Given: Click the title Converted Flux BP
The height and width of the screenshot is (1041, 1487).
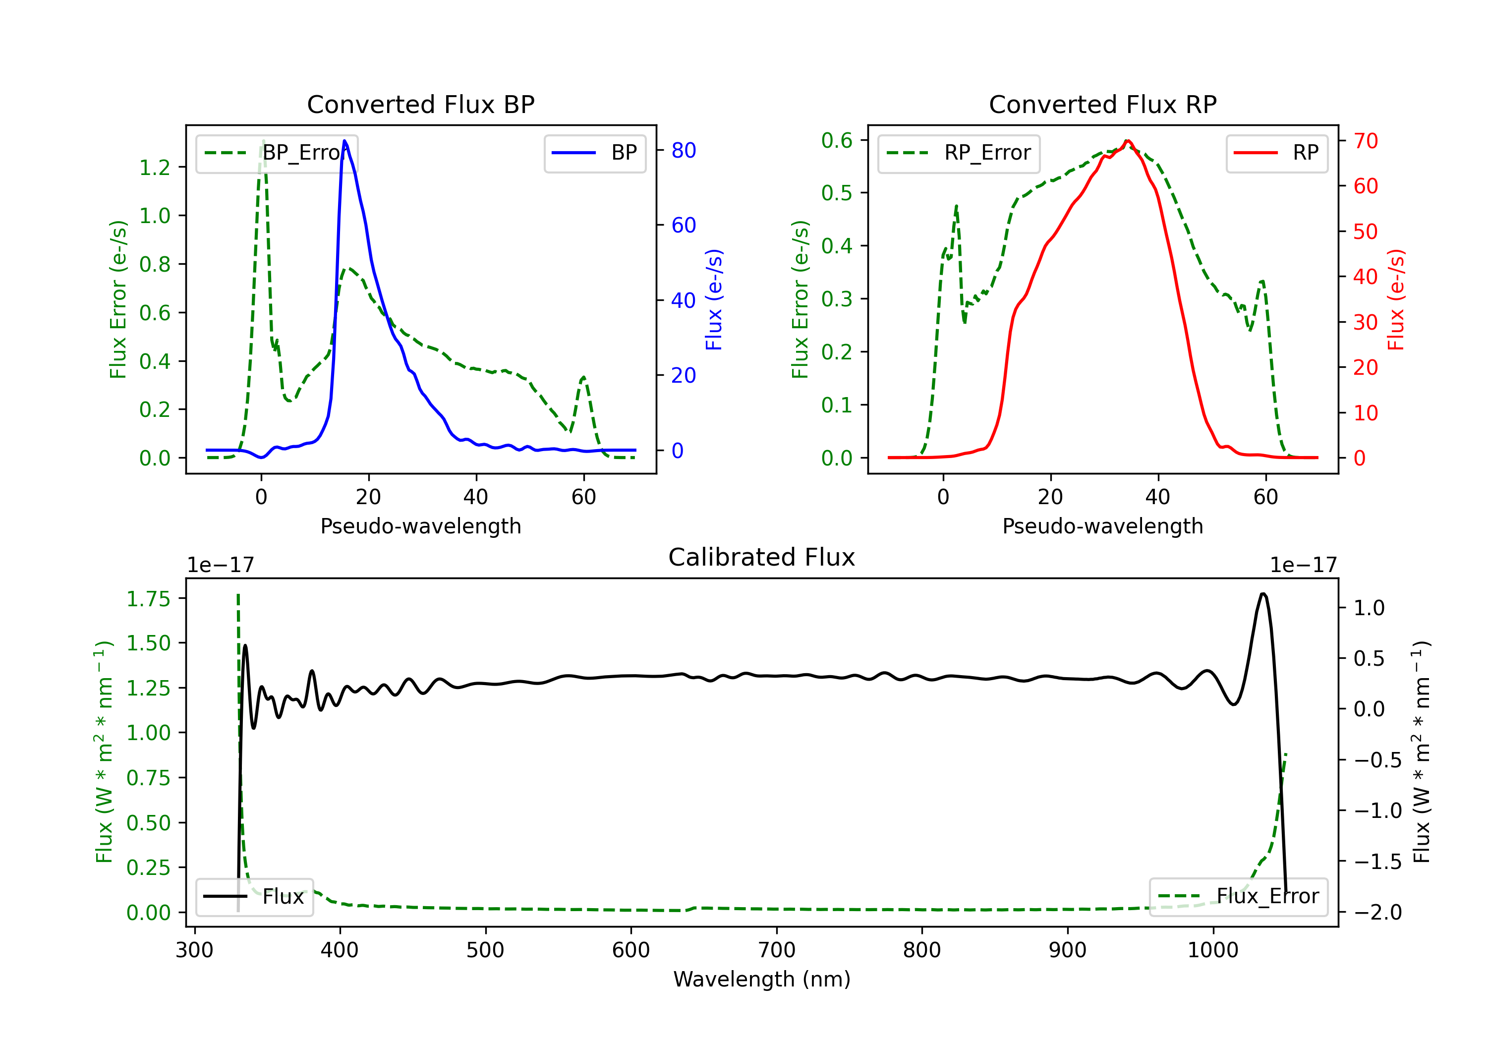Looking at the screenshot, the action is click(x=420, y=104).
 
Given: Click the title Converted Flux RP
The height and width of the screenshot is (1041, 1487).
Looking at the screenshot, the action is click(x=1102, y=104).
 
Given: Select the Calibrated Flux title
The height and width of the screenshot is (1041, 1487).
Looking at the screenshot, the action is click(x=762, y=557).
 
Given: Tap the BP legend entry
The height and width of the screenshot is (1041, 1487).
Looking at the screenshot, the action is click(x=594, y=153).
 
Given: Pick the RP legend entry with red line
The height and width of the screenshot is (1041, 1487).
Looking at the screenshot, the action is click(x=1276, y=153).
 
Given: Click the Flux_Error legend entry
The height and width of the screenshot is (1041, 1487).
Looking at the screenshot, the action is click(x=1238, y=897).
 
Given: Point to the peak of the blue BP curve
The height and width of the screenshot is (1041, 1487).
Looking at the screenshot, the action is click(x=344, y=141).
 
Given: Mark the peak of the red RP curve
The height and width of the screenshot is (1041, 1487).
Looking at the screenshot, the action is click(x=1128, y=141).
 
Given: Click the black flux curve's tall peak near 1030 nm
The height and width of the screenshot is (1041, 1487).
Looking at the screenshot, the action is click(x=1263, y=593).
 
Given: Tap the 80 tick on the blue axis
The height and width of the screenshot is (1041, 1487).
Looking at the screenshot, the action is click(x=683, y=150).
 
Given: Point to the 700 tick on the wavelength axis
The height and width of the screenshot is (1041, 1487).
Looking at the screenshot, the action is click(x=777, y=950).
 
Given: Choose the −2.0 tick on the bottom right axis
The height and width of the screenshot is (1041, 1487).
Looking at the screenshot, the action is click(x=1377, y=912).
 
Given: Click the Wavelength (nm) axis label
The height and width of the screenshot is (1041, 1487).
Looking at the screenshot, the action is click(x=762, y=979).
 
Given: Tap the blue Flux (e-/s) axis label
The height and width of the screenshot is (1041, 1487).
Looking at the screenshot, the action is click(x=714, y=299).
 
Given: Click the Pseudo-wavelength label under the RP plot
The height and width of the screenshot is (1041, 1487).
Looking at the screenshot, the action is click(x=1102, y=526).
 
